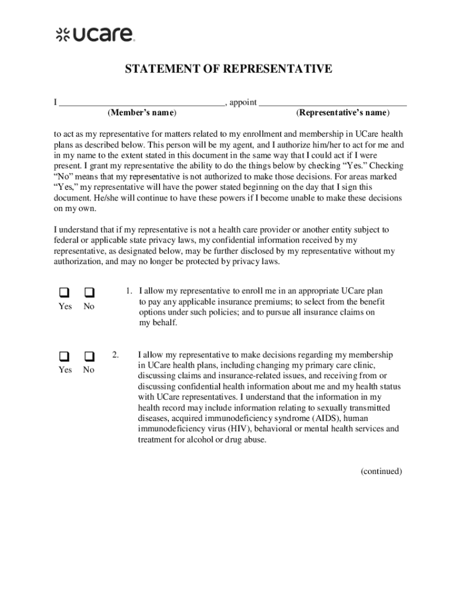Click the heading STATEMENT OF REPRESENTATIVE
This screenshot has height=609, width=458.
click(x=228, y=70)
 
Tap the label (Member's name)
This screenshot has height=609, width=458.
click(x=142, y=112)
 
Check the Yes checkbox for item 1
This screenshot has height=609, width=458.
click(x=63, y=293)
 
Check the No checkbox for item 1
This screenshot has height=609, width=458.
click(x=89, y=293)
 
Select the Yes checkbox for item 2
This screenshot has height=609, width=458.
click(x=63, y=356)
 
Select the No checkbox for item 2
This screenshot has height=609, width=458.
click(x=89, y=356)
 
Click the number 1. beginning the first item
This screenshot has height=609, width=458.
click(x=128, y=291)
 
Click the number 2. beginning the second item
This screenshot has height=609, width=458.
click(x=115, y=355)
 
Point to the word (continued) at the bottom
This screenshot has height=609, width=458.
click(x=381, y=472)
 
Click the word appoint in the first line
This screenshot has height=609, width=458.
click(x=243, y=102)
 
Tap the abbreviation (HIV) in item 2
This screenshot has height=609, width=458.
click(x=239, y=429)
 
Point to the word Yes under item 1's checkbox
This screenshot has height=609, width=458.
click(x=65, y=307)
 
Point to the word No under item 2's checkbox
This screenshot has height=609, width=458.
click(x=89, y=370)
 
